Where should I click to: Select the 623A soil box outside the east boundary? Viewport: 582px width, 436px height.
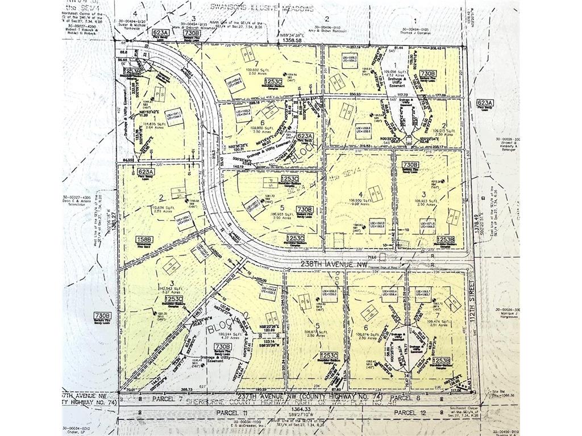click(x=477, y=103)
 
